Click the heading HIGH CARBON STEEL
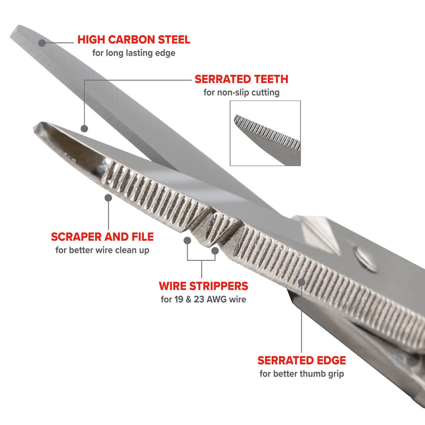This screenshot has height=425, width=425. point(133,39)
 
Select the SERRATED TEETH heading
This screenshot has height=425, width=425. point(241,79)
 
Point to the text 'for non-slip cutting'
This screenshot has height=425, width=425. point(241,92)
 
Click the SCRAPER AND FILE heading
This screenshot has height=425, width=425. point(103,236)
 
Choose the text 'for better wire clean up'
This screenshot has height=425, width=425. point(103,250)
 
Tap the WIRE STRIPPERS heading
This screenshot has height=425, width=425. point(203,286)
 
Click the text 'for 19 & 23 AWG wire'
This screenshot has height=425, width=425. point(203,299)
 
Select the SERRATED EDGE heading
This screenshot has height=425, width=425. point(302,360)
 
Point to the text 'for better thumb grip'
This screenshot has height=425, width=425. point(302,373)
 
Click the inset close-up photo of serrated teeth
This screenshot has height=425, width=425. point(265,133)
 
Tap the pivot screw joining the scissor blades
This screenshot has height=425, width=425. point(365,257)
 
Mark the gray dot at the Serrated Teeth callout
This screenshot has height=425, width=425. point(84,128)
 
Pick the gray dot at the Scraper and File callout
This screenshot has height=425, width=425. point(109,197)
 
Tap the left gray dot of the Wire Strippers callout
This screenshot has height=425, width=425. point(188,240)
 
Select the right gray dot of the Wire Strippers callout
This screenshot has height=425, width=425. point(215,249)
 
